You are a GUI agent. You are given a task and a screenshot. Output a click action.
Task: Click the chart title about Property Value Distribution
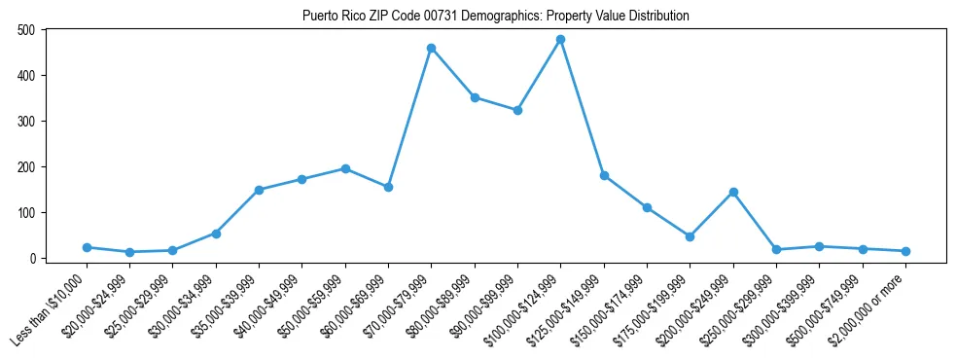pyautogui.click(x=495, y=16)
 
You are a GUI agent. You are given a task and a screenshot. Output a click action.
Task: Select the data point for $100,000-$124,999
pyautogui.click(x=560, y=40)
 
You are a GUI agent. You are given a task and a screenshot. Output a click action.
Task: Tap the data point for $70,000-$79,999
pyautogui.click(x=431, y=48)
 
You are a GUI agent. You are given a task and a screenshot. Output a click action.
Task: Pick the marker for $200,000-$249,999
pyautogui.click(x=733, y=192)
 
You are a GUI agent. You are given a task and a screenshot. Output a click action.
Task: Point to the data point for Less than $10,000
pyautogui.click(x=87, y=247)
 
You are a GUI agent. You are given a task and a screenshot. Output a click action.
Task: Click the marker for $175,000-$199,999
pyautogui.click(x=690, y=236)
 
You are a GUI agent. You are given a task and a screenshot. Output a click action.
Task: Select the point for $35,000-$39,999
pyautogui.click(x=259, y=190)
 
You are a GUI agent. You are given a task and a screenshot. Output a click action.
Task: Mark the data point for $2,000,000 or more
pyautogui.click(x=905, y=251)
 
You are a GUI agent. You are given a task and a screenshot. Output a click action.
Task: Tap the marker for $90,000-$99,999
pyautogui.click(x=517, y=110)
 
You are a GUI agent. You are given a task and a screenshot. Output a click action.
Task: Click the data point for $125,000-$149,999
pyautogui.click(x=604, y=176)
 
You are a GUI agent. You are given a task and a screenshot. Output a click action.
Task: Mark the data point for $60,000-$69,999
pyautogui.click(x=388, y=187)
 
